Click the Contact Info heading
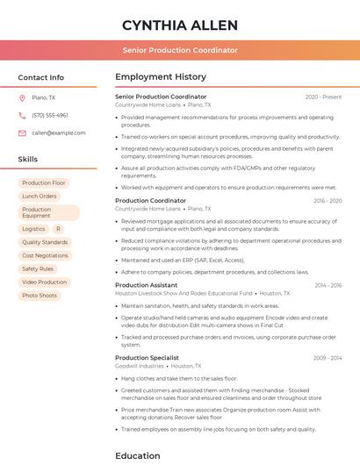[41, 77]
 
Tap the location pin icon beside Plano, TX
[22, 97]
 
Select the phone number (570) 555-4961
[50, 115]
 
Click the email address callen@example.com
[59, 132]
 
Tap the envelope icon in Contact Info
[22, 132]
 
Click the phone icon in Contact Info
[22, 115]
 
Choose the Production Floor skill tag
[44, 182]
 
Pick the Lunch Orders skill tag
[40, 197]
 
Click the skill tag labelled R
[58, 228]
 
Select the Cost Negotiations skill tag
[45, 255]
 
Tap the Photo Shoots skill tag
[40, 296]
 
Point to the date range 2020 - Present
[323, 97]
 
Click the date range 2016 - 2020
[328, 201]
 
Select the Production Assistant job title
[146, 285]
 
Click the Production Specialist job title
[147, 358]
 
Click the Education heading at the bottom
[138, 455]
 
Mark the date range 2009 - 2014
[328, 358]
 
